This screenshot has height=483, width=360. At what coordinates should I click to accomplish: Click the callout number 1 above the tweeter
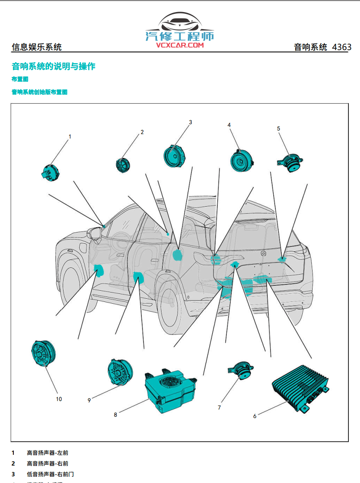coord(70,136)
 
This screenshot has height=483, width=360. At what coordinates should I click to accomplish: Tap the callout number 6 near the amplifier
coord(255,416)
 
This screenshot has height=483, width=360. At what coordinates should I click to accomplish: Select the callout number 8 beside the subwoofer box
coord(115,415)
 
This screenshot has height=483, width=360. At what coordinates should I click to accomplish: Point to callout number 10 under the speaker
coord(59,399)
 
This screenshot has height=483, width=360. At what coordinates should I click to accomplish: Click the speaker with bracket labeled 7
coord(242,370)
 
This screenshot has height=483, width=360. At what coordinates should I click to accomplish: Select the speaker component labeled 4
coord(242,161)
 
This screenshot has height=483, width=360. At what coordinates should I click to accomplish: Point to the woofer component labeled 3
coord(175,156)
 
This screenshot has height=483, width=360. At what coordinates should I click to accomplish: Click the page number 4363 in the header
coord(342,47)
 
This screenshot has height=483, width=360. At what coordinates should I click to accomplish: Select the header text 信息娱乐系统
coord(37,47)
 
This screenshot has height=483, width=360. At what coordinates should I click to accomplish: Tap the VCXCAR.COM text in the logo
coord(180,45)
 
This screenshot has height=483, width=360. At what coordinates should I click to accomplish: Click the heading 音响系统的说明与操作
coord(53,67)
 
